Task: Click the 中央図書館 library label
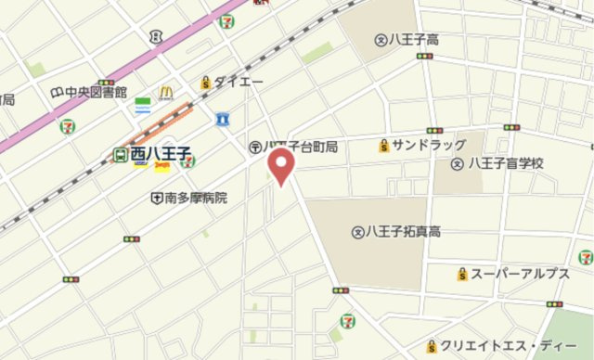pyautogui.click(x=97, y=92)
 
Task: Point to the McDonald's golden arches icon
pyautogui.click(x=166, y=92)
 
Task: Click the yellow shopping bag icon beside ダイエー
pyautogui.click(x=205, y=83)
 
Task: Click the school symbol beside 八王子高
pyautogui.click(x=380, y=39)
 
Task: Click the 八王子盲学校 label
pyautogui.click(x=505, y=162)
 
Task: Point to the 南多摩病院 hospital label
pyautogui.click(x=196, y=197)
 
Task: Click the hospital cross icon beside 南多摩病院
pyautogui.click(x=158, y=197)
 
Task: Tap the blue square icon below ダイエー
pyautogui.click(x=223, y=118)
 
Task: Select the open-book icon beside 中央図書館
pyautogui.click(x=58, y=92)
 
